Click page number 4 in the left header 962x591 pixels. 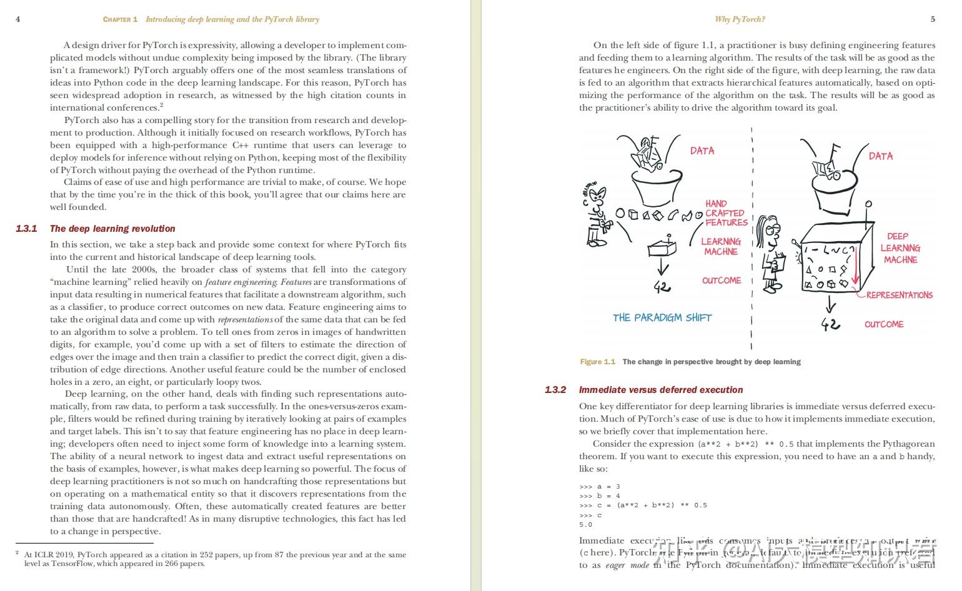pos(17,19)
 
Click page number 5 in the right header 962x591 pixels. pos(933,19)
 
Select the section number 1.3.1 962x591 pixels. pos(26,229)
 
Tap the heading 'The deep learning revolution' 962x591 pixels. pos(112,229)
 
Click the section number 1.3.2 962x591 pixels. pos(555,390)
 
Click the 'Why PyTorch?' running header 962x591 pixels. pos(740,19)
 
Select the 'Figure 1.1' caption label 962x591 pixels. pos(597,362)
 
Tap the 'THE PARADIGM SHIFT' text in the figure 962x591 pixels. pos(662,317)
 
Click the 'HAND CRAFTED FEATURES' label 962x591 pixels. pos(726,213)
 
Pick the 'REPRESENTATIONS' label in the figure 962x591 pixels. pos(899,295)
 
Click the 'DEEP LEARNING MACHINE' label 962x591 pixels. pos(900,248)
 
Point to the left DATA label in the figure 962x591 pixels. pos(702,151)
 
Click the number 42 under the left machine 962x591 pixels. pos(662,287)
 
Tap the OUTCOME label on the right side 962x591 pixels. pos(884,324)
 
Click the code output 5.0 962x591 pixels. pos(585,525)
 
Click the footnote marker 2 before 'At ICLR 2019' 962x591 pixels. pos(17,553)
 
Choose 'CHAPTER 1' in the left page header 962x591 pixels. pos(120,19)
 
